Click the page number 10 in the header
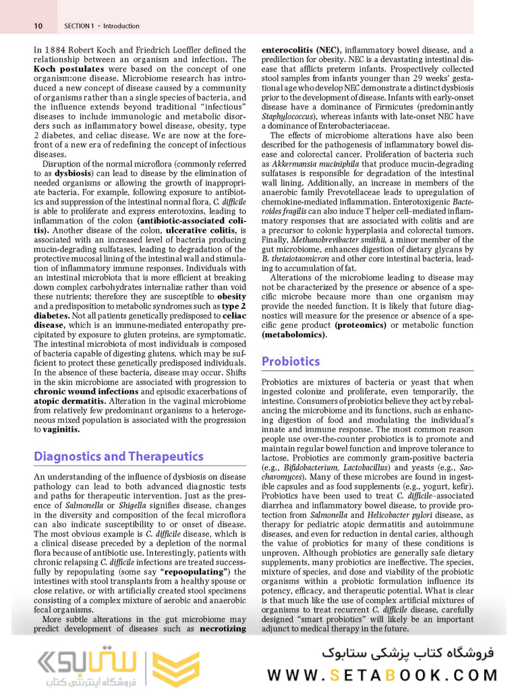point(38,26)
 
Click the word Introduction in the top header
point(122,26)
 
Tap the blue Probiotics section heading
point(291,362)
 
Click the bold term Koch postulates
point(65,69)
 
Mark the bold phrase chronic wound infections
point(86,391)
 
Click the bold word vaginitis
point(62,428)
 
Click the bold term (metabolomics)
point(294,334)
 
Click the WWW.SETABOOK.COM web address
point(382,675)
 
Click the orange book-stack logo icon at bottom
point(166,668)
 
